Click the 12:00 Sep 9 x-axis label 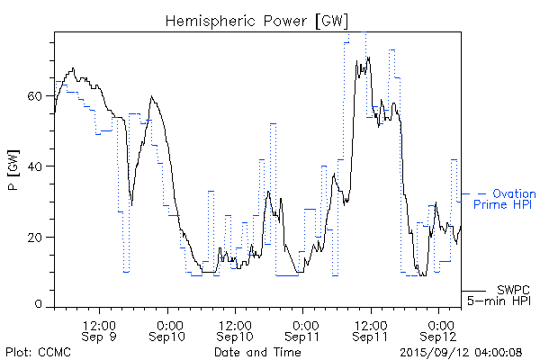coord(100,329)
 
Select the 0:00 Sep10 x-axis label coord(168,329)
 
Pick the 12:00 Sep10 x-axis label coord(235,329)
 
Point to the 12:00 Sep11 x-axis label coord(371,329)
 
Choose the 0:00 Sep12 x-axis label coord(439,329)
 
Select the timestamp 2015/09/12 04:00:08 coord(462,352)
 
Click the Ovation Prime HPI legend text coord(505,199)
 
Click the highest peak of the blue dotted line coord(364,32)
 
